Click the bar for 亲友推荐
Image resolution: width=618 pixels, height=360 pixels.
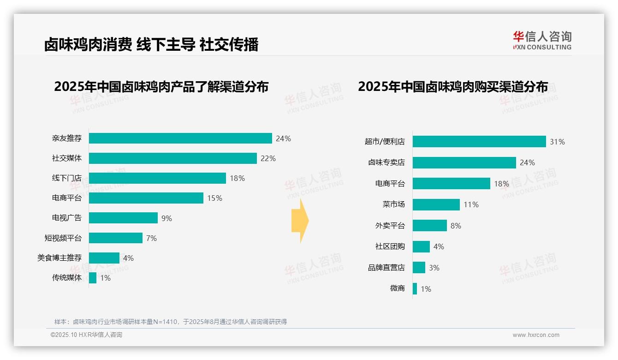180,138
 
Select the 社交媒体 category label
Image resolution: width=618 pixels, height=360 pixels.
67,158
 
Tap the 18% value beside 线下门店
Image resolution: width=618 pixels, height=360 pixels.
237,178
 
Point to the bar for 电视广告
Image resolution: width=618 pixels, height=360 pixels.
123,218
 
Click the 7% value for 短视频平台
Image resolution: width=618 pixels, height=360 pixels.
151,238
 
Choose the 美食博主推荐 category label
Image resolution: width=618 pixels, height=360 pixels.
59,258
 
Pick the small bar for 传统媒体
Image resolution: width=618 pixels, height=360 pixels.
93,278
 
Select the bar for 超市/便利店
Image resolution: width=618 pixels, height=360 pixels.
479,142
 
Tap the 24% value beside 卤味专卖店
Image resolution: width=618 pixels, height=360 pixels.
527,162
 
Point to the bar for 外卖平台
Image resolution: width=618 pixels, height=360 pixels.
430,226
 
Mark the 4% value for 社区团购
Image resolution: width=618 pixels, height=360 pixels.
439,247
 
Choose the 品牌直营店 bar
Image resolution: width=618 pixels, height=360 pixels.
419,268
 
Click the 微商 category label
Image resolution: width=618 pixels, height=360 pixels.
397,289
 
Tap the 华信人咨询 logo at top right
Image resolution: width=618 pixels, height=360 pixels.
542,40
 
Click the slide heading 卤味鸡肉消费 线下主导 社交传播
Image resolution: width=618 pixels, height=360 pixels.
151,44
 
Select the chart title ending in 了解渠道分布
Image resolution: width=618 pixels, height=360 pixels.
161,87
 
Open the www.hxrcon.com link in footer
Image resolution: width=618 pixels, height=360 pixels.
536,335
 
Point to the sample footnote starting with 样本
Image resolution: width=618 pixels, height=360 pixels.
171,322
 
